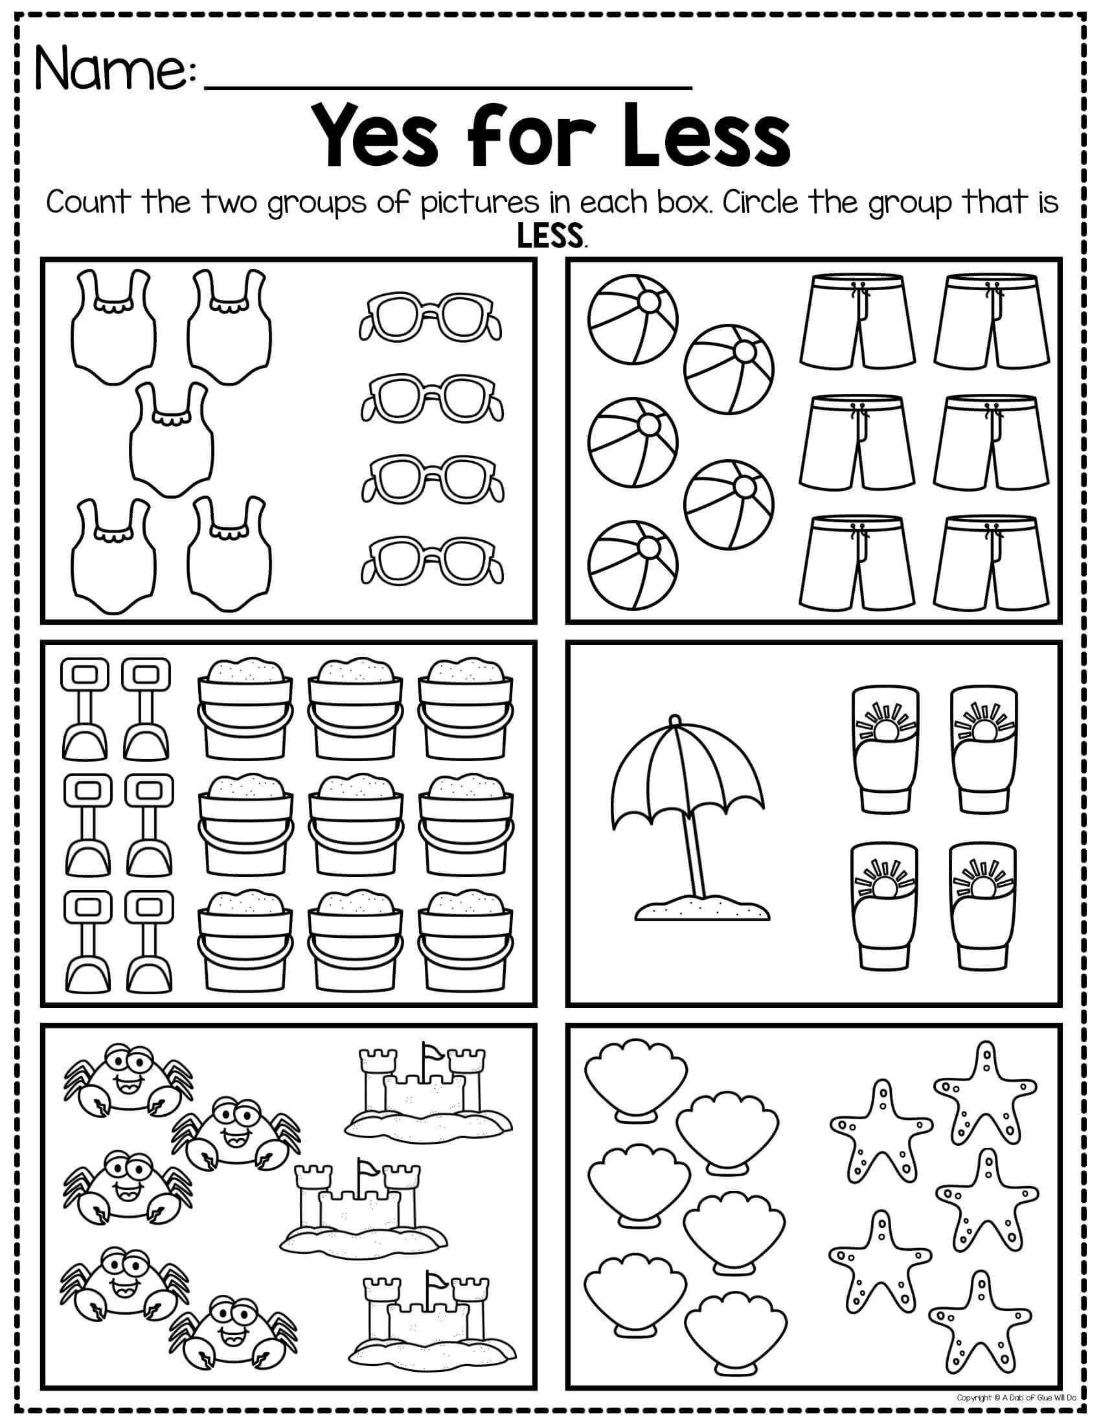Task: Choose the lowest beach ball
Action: (x=633, y=565)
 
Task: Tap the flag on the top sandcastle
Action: (x=432, y=1054)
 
